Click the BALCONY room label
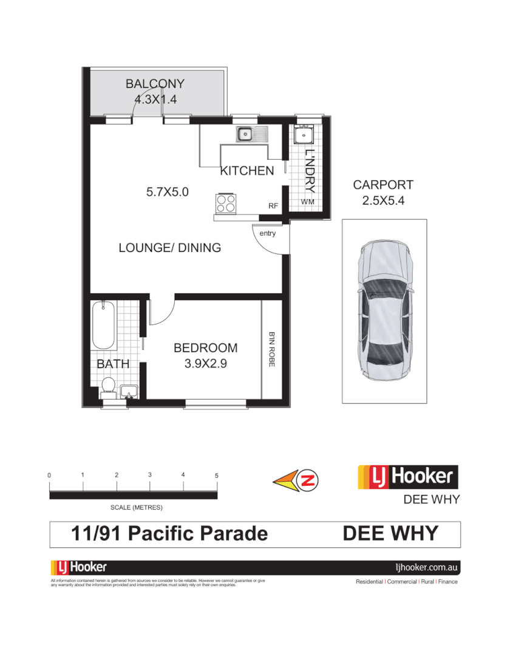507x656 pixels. pyautogui.click(x=155, y=84)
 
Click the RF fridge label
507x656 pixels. pyautogui.click(x=273, y=207)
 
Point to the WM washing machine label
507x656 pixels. pyautogui.click(x=308, y=202)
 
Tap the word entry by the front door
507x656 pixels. pyautogui.click(x=267, y=233)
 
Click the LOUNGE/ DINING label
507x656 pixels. pyautogui.click(x=169, y=248)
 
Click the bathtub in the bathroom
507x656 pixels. pyautogui.click(x=104, y=325)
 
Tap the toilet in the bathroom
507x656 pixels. pyautogui.click(x=108, y=386)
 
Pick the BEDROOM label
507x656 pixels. pyautogui.click(x=205, y=348)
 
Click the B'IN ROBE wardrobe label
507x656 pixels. pyautogui.click(x=271, y=349)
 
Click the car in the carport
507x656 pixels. pyautogui.click(x=386, y=310)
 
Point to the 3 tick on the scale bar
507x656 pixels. pyautogui.click(x=149, y=475)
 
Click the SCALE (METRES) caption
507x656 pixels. pyautogui.click(x=137, y=507)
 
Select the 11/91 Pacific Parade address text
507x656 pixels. pyautogui.click(x=169, y=534)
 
